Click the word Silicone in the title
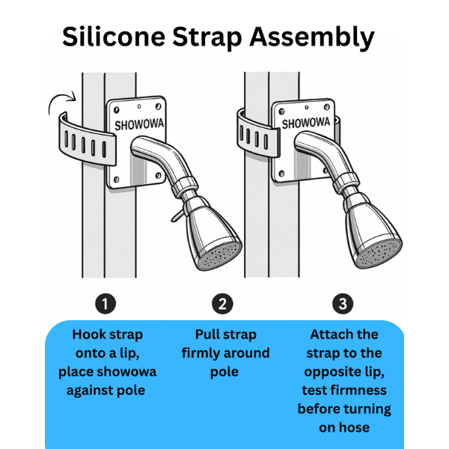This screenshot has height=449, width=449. [114, 37]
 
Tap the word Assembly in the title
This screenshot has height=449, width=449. [312, 38]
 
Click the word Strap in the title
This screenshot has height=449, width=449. [207, 38]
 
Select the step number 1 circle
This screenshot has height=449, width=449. [106, 304]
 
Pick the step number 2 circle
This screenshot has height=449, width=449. [222, 304]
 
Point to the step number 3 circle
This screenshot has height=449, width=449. [343, 304]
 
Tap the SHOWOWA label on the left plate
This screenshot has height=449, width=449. [139, 124]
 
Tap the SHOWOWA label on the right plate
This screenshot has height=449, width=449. [306, 123]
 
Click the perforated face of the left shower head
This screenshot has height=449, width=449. [221, 256]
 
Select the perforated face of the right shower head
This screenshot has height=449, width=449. [380, 254]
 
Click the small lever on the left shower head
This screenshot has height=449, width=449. [177, 216]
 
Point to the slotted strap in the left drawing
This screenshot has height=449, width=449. [88, 141]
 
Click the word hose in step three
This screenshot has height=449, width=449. [355, 427]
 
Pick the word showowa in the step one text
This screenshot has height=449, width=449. [126, 372]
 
